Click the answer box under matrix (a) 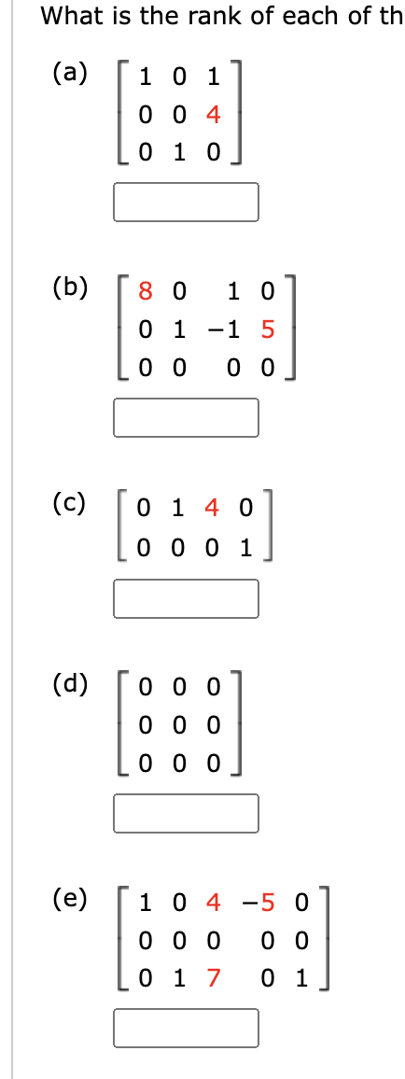(186, 202)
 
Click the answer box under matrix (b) (186, 417)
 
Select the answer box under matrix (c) (186, 598)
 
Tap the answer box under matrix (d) (186, 812)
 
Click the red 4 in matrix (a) (213, 116)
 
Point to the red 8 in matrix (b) (145, 292)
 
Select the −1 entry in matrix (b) (234, 329)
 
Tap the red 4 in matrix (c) (212, 509)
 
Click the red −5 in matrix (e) (257, 903)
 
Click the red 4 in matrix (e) (213, 903)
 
